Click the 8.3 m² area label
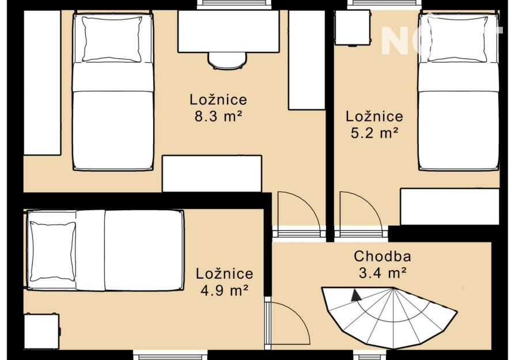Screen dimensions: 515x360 [218, 116]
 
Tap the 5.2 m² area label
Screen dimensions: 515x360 [374, 133]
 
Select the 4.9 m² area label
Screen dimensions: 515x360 [225, 290]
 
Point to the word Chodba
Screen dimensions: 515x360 [383, 256]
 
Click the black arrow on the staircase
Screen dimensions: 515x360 [355, 295]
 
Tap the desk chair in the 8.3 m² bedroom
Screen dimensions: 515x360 [228, 60]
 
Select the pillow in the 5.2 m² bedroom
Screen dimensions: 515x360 [457, 39]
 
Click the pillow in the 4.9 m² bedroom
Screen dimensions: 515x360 [53, 251]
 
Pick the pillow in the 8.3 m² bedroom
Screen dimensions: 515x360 [112, 39]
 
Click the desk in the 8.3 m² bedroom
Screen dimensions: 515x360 [229, 31]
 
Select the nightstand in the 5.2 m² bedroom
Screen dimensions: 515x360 [353, 28]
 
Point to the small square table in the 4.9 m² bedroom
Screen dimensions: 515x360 [41, 331]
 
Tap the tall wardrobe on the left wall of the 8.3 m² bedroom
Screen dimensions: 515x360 [43, 82]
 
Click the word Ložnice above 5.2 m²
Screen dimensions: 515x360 [374, 116]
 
